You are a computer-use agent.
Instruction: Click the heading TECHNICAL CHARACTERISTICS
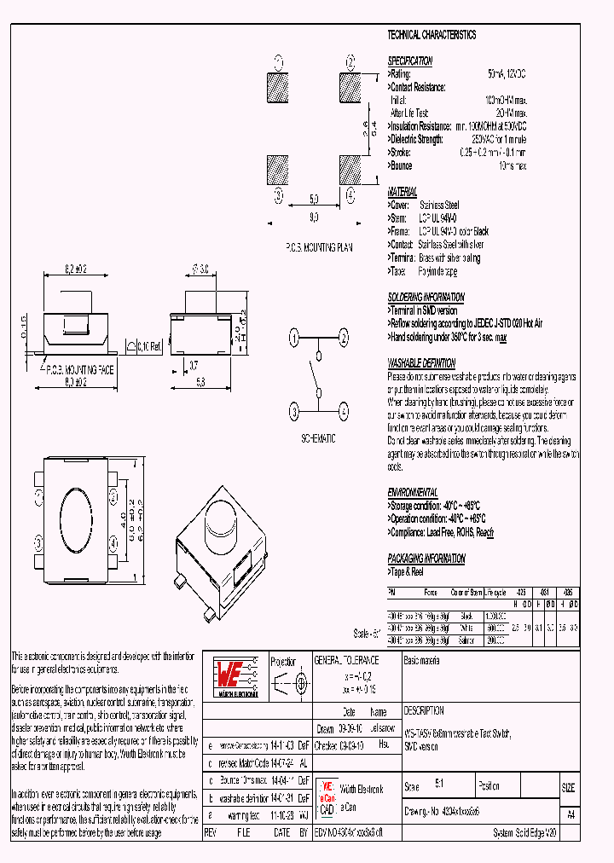(432, 35)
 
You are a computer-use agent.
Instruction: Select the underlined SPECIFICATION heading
(410, 61)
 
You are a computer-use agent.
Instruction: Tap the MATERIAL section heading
(403, 192)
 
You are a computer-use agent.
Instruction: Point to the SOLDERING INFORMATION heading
(426, 298)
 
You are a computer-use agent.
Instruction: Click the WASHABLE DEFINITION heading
(421, 362)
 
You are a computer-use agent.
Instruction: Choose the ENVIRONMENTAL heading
(413, 493)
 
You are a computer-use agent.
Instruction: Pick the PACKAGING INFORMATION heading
(426, 559)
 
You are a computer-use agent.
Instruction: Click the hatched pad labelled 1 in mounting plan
(279, 88)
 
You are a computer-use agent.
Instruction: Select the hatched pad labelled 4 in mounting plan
(350, 169)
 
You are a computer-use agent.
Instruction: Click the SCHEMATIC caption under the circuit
(318, 437)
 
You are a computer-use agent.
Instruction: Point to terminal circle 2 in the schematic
(344, 339)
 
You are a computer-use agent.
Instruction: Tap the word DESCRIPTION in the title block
(424, 710)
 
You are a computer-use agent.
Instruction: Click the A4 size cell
(570, 814)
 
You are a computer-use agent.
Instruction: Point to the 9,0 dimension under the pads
(313, 218)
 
